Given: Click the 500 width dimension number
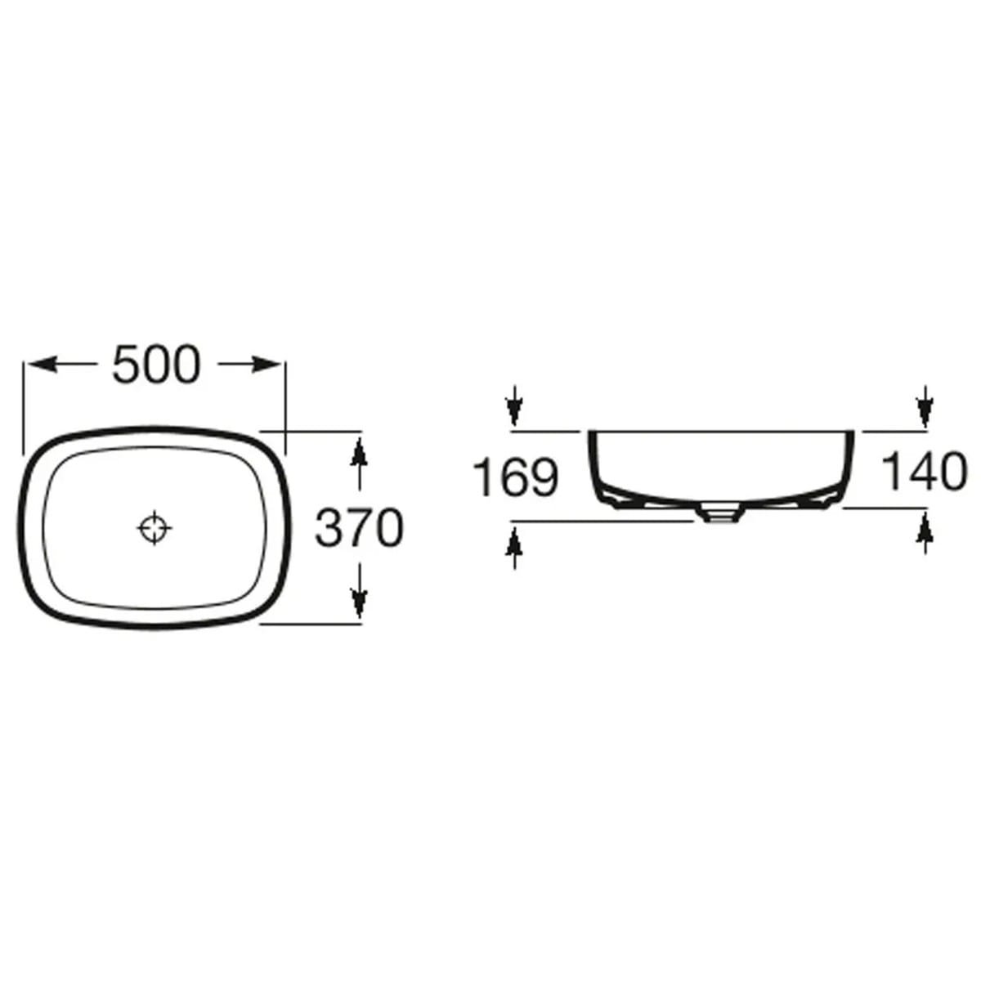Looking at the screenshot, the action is [156, 364].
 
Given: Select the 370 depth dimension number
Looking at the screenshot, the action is [360, 528].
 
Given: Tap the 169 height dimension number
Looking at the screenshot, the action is [516, 477].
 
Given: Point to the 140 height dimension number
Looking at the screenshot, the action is [924, 472].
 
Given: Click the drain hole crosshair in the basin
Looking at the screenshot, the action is [155, 528].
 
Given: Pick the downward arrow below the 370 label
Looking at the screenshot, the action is [360, 589].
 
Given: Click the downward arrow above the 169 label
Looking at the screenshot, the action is [514, 405].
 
